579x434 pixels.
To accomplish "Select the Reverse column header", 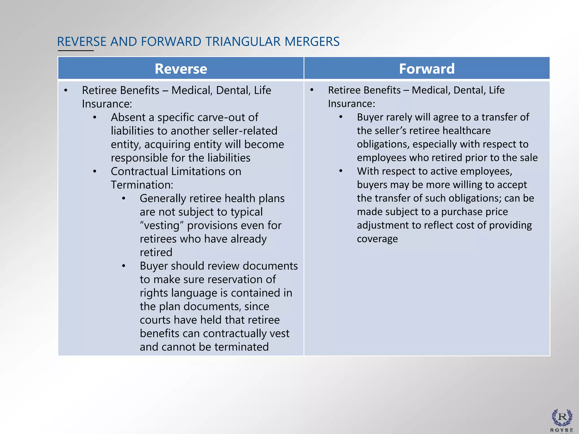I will pyautogui.click(x=181, y=69).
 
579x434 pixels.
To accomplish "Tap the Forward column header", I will pyautogui.click(x=427, y=69).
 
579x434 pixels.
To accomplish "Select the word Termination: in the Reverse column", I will pyautogui.click(x=142, y=185).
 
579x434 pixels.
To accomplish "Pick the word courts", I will pyautogui.click(x=155, y=320).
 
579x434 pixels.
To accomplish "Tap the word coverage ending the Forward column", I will pyautogui.click(x=377, y=239).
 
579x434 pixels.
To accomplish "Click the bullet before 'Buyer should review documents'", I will pyautogui.click(x=124, y=266).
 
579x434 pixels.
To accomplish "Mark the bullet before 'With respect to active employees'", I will pyautogui.click(x=341, y=171).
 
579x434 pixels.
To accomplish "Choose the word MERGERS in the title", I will pyautogui.click(x=312, y=42).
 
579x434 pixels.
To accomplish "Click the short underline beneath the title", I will pyautogui.click(x=76, y=51).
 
